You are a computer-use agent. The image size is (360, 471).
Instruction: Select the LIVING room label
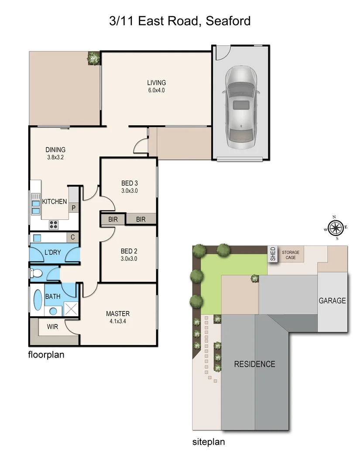tap(156, 83)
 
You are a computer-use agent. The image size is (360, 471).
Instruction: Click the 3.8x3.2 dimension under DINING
tap(55, 158)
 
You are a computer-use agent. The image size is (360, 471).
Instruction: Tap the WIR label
tap(52, 326)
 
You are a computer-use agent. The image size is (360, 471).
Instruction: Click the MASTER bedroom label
tap(118, 314)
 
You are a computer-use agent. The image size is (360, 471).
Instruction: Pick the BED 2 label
tap(129, 251)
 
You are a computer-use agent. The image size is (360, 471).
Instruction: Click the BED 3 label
tap(129, 183)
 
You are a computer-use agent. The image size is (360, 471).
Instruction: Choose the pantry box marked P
tap(73, 208)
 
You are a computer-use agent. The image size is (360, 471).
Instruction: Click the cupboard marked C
tap(73, 238)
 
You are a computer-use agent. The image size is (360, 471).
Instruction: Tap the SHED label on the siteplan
tap(273, 254)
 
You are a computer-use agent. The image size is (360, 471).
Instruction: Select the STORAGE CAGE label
tap(291, 255)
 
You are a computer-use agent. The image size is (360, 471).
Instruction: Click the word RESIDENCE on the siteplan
tap(254, 364)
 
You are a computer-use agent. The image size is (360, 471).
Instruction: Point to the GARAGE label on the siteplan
tap(332, 300)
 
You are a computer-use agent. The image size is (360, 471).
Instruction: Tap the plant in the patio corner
tap(93, 58)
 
